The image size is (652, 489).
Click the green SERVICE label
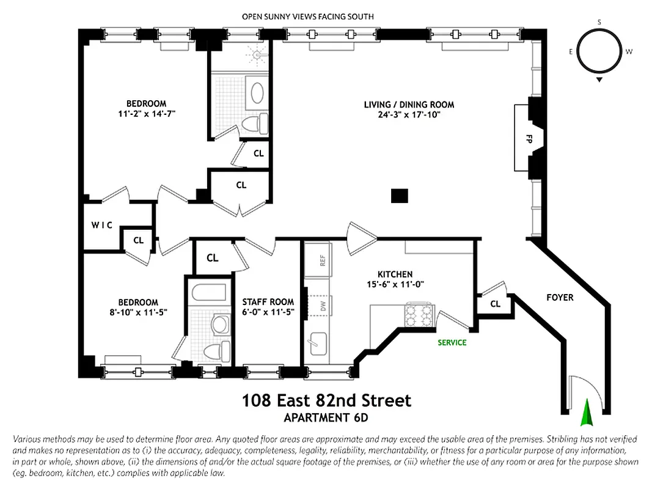pos(452,342)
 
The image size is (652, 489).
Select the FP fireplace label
pos(529,139)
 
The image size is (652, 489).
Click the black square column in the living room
pos(399,196)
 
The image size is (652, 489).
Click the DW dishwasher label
pos(318,305)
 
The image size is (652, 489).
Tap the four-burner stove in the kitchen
pos(419,314)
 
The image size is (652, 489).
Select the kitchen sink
pos(318,344)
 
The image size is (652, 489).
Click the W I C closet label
pos(102,225)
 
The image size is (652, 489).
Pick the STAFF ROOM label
pos(268,302)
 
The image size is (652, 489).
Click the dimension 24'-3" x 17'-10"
pos(409,114)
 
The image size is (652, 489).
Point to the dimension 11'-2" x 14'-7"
pos(146,113)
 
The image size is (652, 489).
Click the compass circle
pos(599,51)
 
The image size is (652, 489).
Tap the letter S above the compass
pos(599,22)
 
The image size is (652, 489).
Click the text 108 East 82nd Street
pos(326,401)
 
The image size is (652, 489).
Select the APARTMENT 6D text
pos(326,418)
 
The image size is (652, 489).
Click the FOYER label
pos(560,298)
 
